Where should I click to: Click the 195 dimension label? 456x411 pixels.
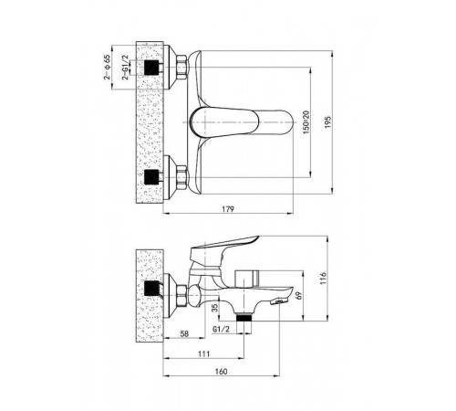[x=327, y=121]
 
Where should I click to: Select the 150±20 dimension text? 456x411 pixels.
[x=306, y=122]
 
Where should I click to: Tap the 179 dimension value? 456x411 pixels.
[x=228, y=209]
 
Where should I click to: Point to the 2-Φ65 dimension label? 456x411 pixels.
[x=107, y=67]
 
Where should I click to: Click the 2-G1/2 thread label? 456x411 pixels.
[x=125, y=68]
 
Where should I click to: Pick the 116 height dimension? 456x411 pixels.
[x=323, y=279]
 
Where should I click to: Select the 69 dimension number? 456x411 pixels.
[x=299, y=295]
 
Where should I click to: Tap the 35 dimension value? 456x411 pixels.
[x=215, y=308]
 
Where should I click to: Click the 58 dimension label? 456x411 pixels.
[x=184, y=333]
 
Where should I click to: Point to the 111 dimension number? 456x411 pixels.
[x=203, y=353]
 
